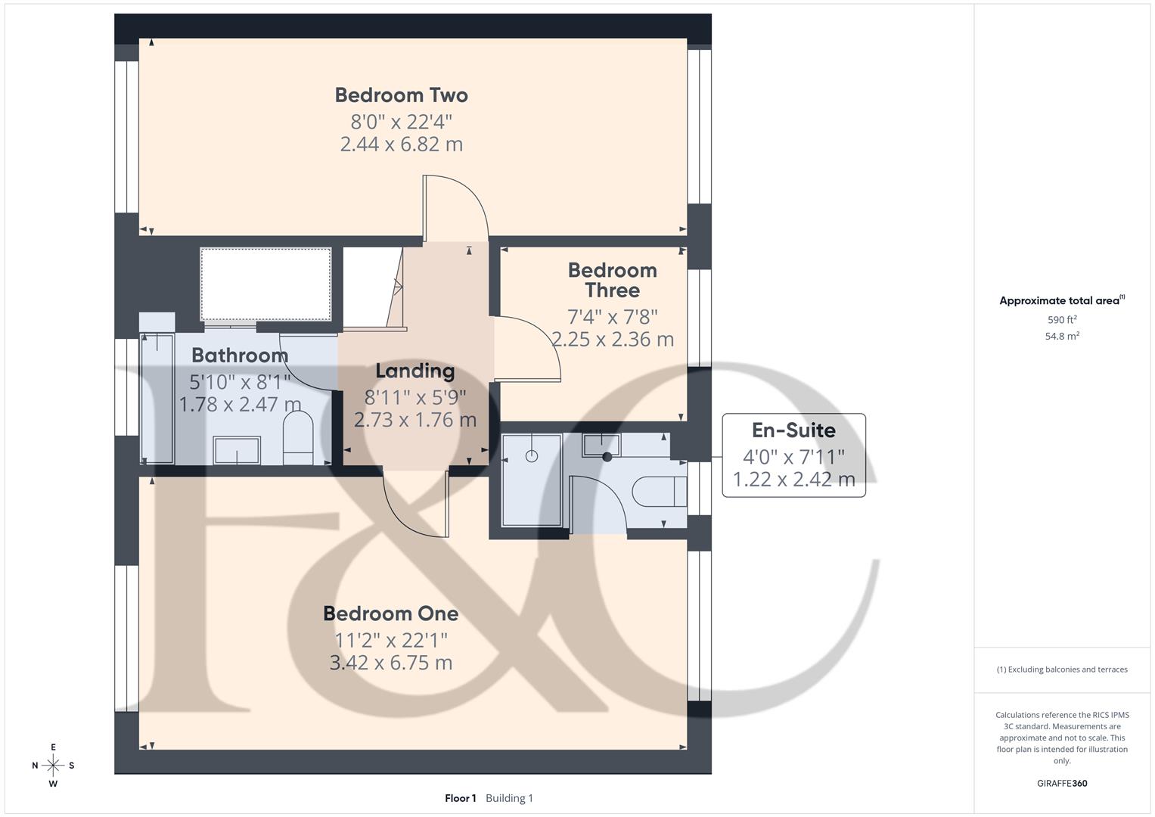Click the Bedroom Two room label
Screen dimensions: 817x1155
tap(401, 95)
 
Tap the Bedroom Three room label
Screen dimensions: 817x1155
tap(612, 281)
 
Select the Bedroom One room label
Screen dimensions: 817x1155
tap(390, 614)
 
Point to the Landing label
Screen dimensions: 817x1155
tap(414, 371)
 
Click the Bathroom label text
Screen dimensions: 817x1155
tap(240, 355)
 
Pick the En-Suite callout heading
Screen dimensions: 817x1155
tap(793, 430)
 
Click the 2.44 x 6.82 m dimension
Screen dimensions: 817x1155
tap(401, 144)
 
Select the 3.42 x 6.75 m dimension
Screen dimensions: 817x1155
tap(390, 663)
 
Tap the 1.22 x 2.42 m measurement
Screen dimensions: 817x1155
tap(793, 480)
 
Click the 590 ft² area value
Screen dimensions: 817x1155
tap(1062, 320)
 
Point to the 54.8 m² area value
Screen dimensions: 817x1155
tap(1062, 337)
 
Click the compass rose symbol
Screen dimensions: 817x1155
tap(53, 766)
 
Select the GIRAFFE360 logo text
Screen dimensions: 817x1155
tap(1062, 784)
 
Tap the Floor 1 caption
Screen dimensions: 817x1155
tap(460, 798)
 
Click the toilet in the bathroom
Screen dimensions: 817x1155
tap(297, 439)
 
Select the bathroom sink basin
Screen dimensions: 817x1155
tap(237, 451)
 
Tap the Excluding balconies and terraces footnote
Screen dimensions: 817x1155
tap(1062, 669)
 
